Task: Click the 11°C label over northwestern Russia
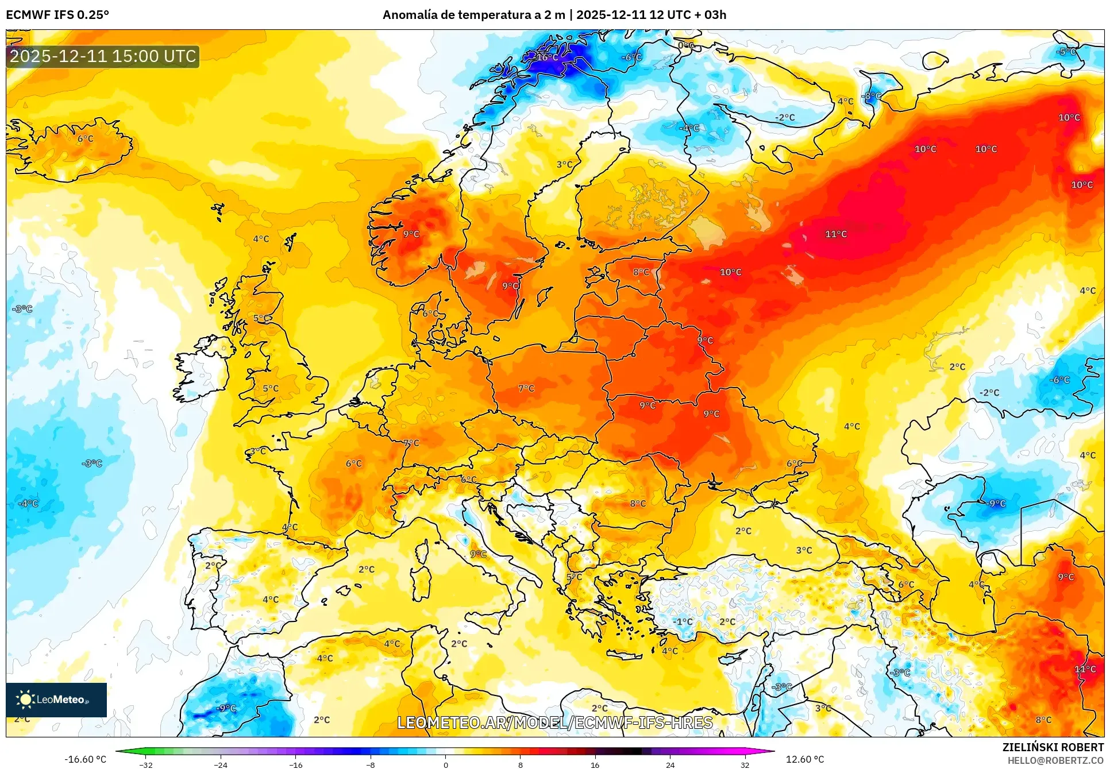point(835,234)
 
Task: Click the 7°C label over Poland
point(526,389)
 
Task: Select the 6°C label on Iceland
point(85,139)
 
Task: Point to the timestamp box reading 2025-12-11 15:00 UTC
point(103,56)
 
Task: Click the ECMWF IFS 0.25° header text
point(57,15)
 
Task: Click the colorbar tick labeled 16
point(595,764)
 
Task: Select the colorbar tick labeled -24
point(221,764)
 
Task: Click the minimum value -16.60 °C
point(85,759)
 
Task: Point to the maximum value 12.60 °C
point(804,759)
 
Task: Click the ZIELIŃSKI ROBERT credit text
point(1053,747)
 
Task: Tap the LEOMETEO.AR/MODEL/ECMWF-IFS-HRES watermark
point(554,722)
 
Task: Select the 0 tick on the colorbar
point(445,764)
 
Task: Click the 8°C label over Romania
point(637,504)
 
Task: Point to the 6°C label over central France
point(353,463)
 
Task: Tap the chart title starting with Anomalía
point(554,15)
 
